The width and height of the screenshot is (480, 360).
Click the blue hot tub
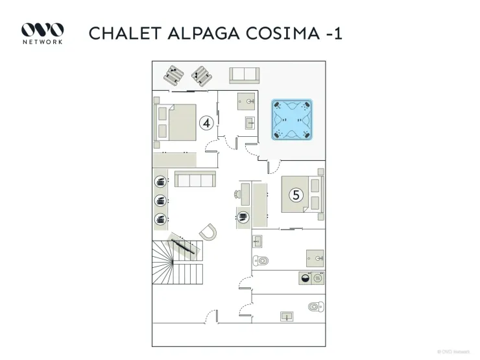pyautogui.click(x=292, y=119)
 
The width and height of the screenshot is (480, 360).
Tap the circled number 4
pyautogui.click(x=206, y=123)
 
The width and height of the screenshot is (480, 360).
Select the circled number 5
pyautogui.click(x=296, y=195)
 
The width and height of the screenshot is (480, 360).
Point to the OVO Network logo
pyautogui.click(x=42, y=33)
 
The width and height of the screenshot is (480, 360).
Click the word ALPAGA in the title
pyautogui.click(x=204, y=33)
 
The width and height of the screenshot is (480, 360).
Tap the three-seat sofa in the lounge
pyautogui.click(x=195, y=179)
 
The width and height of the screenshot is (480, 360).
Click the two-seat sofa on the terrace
pyautogui.click(x=245, y=75)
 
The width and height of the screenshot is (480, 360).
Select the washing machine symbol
pyautogui.click(x=306, y=278)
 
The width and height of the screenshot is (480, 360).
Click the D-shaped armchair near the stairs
pyautogui.click(x=208, y=232)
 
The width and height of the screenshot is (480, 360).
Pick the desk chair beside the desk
pyautogui.click(x=237, y=194)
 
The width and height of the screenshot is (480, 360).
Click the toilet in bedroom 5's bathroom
pyautogui.click(x=261, y=261)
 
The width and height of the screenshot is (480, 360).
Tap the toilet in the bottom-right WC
pyautogui.click(x=316, y=306)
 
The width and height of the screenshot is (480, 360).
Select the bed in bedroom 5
pyautogui.click(x=302, y=194)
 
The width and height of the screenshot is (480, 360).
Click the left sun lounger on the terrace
pyautogui.click(x=174, y=75)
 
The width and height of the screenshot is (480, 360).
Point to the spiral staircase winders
pyautogui.click(x=162, y=263)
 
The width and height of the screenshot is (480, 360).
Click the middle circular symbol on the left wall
pyautogui.click(x=160, y=201)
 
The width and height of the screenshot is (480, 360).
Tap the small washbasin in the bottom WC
pyautogui.click(x=287, y=317)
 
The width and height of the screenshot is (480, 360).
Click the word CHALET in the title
pyautogui.click(x=125, y=33)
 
